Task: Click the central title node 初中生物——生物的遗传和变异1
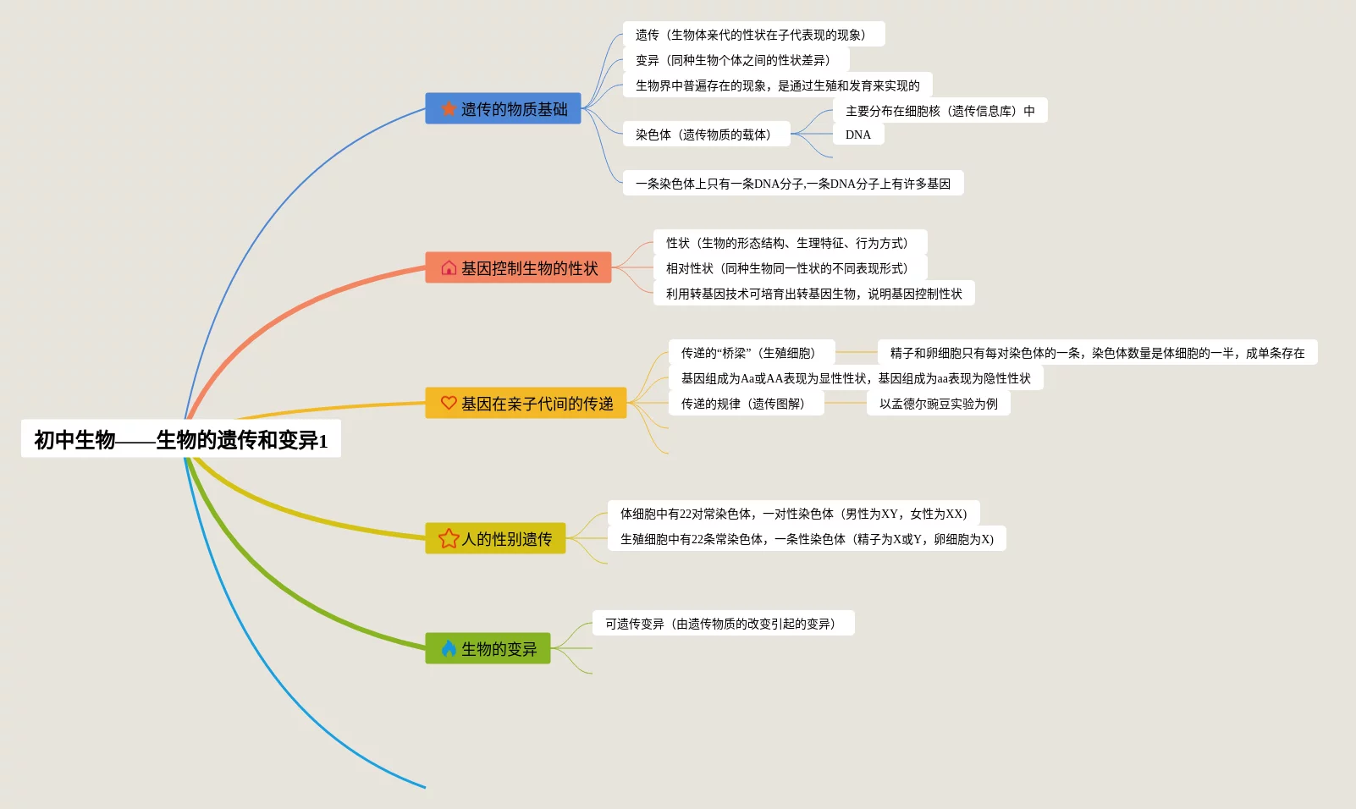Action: click(x=180, y=439)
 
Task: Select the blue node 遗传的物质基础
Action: click(x=503, y=109)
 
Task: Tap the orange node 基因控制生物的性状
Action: click(x=518, y=268)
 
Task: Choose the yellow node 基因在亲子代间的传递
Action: click(x=526, y=404)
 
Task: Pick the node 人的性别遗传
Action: click(x=495, y=539)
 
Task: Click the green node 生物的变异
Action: click(x=488, y=649)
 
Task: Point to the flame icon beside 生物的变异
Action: click(x=449, y=649)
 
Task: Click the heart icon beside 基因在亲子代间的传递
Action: click(x=449, y=404)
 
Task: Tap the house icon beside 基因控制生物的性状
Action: click(x=449, y=268)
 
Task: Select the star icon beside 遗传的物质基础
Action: click(x=449, y=109)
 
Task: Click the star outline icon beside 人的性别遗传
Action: click(x=449, y=539)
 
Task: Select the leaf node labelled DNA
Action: click(x=858, y=135)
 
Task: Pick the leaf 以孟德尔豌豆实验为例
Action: click(x=938, y=404)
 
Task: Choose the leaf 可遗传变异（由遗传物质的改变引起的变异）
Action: click(x=723, y=624)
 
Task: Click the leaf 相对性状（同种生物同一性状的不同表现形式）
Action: click(x=790, y=268)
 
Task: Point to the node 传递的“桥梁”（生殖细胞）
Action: click(x=751, y=353)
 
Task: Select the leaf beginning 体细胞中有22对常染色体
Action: click(x=793, y=514)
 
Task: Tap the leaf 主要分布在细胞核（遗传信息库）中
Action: click(x=940, y=111)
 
